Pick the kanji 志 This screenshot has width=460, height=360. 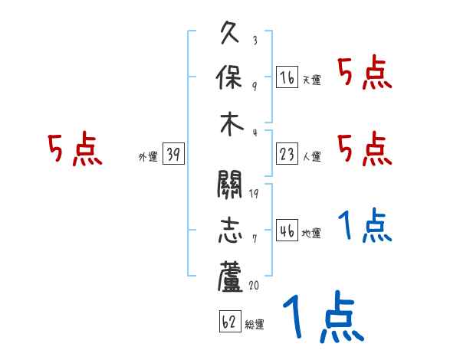[232, 232]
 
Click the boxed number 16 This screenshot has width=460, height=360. [287, 77]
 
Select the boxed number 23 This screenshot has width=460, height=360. [287, 154]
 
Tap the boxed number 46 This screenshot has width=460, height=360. [287, 231]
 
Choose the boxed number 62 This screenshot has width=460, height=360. [228, 322]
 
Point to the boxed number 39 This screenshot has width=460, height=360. [172, 155]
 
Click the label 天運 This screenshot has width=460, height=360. [311, 80]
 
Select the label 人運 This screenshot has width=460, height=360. [311, 157]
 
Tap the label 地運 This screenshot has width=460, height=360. [311, 234]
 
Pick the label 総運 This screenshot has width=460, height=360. [254, 325]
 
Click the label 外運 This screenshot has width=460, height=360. [148, 157]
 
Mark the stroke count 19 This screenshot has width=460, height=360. [254, 193]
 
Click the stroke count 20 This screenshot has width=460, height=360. [254, 285]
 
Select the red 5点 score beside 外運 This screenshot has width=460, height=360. [74, 149]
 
